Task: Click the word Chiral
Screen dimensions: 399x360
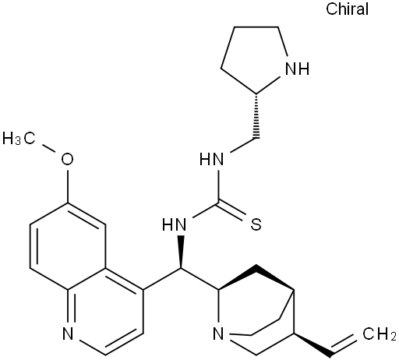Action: [x=347, y=9]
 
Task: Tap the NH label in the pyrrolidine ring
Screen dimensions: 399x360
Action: [x=297, y=69]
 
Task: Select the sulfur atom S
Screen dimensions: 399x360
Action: [x=256, y=224]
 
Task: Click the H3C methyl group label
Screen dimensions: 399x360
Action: [x=19, y=138]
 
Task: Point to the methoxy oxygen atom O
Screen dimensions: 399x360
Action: [x=67, y=159]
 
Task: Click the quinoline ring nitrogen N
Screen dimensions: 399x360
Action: [x=68, y=334]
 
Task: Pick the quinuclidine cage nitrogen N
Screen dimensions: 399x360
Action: [x=218, y=334]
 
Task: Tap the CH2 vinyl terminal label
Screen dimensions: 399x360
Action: [x=380, y=334]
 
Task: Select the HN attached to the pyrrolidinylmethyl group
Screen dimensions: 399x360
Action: [x=211, y=159]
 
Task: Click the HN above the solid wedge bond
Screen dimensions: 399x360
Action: [x=174, y=224]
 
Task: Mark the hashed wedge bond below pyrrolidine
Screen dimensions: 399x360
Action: [x=256, y=116]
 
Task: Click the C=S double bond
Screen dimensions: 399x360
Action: [x=231, y=210]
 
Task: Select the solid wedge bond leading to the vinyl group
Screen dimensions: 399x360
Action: [x=312, y=344]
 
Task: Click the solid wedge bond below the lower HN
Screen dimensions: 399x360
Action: [x=181, y=252]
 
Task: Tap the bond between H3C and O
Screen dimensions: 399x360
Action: [x=48, y=147]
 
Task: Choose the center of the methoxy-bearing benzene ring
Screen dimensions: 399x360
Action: [x=68, y=246]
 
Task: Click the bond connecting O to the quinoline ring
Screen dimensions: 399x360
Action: [x=68, y=186]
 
